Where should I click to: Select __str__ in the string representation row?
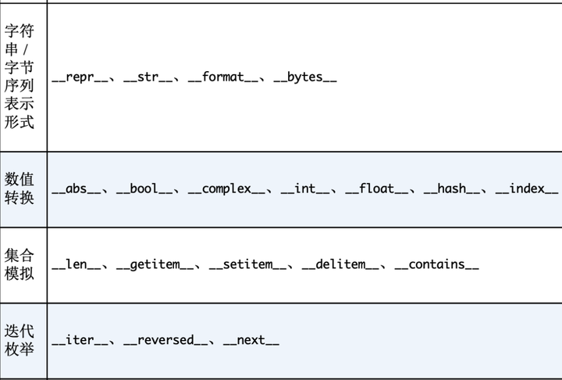click(148, 78)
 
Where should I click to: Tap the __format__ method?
click(223, 78)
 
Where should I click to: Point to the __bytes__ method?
click(305, 78)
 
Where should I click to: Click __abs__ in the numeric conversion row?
click(76, 189)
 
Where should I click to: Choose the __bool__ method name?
click(144, 189)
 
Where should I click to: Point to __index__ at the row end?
click(527, 189)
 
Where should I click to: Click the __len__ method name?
click(76, 265)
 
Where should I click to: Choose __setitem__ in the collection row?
click(248, 265)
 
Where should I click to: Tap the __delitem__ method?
click(341, 265)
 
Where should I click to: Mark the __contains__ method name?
click(437, 265)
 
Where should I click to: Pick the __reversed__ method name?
click(166, 341)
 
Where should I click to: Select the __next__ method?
click(251, 341)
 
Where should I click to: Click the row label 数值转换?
click(20, 189)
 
